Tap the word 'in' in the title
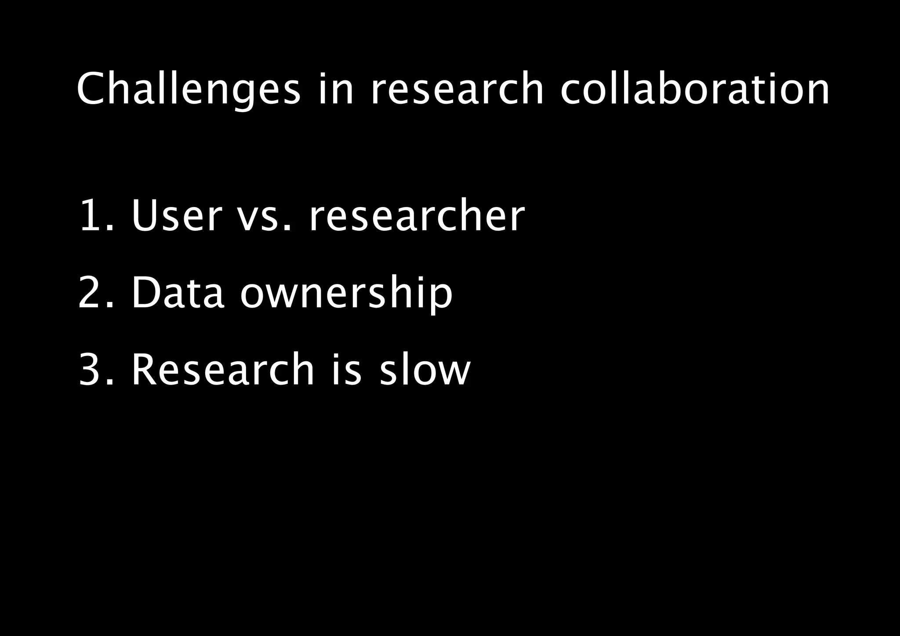tap(335, 90)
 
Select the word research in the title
tap(457, 90)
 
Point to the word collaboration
tap(695, 90)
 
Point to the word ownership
tap(346, 294)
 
